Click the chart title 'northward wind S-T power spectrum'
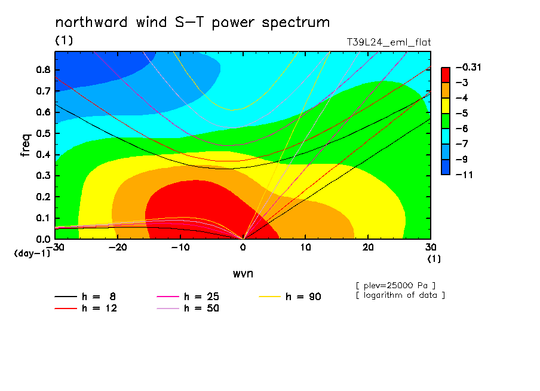[192, 23]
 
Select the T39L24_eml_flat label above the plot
[388, 42]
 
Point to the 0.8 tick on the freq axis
[44, 69]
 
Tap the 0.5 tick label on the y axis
[44, 133]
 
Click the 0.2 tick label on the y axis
[44, 197]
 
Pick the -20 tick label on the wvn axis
[118, 248]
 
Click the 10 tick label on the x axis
[305, 248]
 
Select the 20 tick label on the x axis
[368, 248]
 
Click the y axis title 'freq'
[26, 145]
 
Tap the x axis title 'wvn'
[243, 274]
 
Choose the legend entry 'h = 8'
[85, 297]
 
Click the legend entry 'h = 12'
[86, 308]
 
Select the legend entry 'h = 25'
[188, 297]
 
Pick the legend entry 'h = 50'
[188, 308]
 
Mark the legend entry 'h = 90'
[290, 297]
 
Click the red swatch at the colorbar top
[446, 75]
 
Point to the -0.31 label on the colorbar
[468, 67]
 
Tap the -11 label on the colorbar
[464, 175]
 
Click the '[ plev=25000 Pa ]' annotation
[395, 286]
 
